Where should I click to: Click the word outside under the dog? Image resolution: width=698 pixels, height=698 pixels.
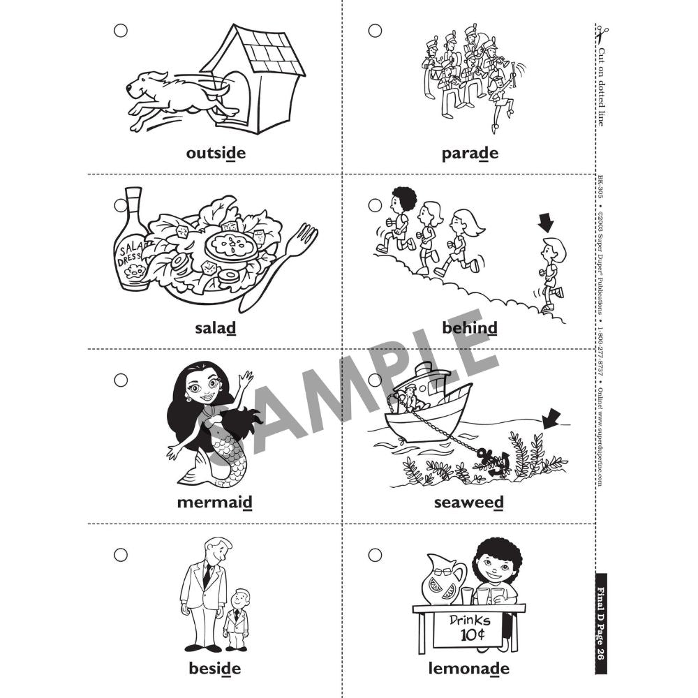pos(216,153)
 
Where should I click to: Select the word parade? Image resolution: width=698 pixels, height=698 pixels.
pos(470,154)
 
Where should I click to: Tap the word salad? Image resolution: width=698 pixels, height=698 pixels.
pos(216,328)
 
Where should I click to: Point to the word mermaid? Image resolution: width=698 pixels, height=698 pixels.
pos(214,502)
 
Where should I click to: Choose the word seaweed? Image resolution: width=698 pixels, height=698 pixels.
pos(469,503)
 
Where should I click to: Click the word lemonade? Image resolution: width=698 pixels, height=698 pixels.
pos(469,668)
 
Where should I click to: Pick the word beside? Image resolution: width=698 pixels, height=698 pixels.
pos(214,668)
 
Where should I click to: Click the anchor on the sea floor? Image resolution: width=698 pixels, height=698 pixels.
pos(494,463)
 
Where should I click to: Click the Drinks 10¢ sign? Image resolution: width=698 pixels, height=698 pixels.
pos(469,628)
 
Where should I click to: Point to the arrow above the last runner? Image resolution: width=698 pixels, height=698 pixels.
pos(546,223)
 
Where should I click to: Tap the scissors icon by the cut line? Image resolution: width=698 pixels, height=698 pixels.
pos(602,35)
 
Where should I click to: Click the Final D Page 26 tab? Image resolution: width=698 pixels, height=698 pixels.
pos(601,623)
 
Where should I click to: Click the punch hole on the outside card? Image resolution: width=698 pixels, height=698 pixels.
pos(121,31)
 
